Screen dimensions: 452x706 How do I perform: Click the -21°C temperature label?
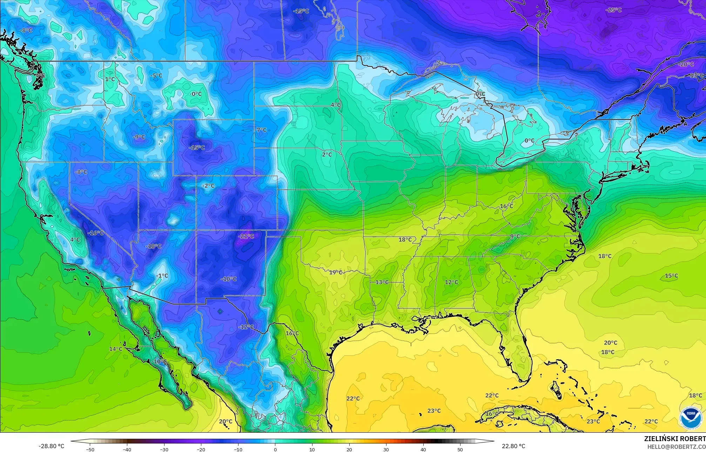(246, 236)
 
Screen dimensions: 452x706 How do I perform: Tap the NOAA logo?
(691, 418)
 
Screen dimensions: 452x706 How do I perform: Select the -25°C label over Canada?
(613, 10)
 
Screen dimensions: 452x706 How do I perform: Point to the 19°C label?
(336, 272)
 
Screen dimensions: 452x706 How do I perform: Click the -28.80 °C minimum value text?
(51, 446)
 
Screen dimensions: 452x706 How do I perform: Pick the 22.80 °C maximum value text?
(513, 446)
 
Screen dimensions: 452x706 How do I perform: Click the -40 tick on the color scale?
(127, 449)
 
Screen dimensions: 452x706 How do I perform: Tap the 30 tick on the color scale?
(386, 449)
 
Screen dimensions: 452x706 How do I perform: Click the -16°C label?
(95, 233)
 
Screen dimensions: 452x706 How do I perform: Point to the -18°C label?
(153, 246)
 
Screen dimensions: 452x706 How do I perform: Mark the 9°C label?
(515, 236)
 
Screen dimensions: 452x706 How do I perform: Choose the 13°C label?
(382, 282)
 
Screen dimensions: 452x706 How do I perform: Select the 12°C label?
(451, 282)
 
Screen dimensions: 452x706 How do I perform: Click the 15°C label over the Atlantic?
(671, 276)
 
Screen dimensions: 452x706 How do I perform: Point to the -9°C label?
(139, 137)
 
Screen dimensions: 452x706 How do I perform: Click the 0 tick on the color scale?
(275, 449)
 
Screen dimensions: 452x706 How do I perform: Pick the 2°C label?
(327, 154)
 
